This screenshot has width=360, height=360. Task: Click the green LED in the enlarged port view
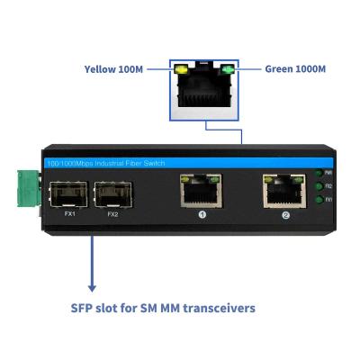pyautogui.click(x=228, y=70)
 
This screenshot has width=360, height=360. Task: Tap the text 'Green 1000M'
pyautogui.click(x=295, y=68)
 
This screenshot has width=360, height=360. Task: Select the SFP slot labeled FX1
pyautogui.click(x=70, y=193)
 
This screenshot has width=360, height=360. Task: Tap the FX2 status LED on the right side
pyautogui.click(x=318, y=185)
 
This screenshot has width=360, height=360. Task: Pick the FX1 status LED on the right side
pyautogui.click(x=318, y=199)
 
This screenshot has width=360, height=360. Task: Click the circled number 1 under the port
pyautogui.click(x=202, y=215)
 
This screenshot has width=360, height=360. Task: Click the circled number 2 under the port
pyautogui.click(x=285, y=215)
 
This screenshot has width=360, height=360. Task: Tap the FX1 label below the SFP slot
pyautogui.click(x=70, y=214)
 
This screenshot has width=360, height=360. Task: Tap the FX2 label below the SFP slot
pyautogui.click(x=112, y=214)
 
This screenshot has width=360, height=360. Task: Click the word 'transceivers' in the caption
pyautogui.click(x=214, y=308)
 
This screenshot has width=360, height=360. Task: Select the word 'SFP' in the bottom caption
pyautogui.click(x=85, y=308)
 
